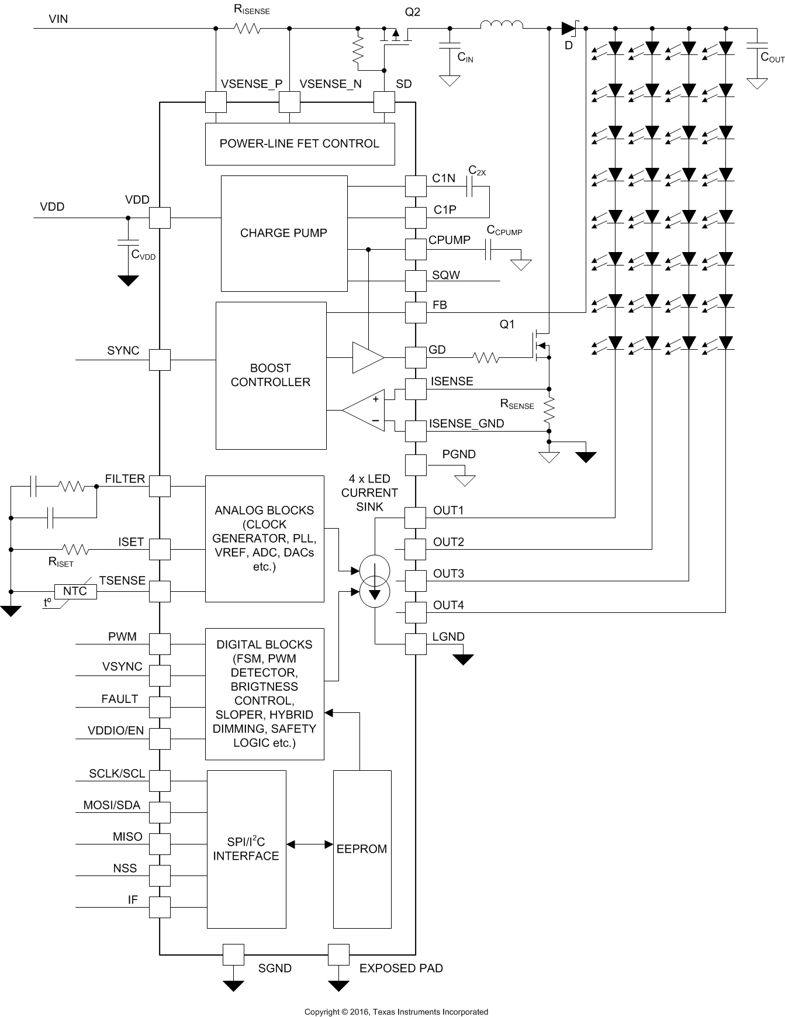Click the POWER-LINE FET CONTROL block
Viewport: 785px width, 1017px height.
point(299,144)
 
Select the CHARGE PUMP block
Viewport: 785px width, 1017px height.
point(283,233)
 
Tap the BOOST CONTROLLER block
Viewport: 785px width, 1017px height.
point(271,375)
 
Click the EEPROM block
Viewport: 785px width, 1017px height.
point(362,849)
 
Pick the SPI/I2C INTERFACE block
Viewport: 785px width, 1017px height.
point(246,849)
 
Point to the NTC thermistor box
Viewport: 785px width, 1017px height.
point(75,591)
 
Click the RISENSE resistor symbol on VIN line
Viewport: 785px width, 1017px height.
point(247,27)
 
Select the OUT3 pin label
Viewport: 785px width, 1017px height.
point(448,574)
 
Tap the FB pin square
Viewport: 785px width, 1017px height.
point(416,312)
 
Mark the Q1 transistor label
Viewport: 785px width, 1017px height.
point(507,324)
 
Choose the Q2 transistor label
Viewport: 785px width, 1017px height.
point(413,12)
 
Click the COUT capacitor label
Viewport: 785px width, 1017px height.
point(772,57)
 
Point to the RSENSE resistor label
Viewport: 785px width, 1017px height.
point(517,404)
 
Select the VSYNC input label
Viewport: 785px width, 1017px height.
point(122,667)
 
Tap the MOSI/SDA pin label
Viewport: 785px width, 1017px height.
point(112,805)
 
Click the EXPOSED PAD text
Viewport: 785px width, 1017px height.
point(401,968)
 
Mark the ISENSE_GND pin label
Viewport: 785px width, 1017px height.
point(466,424)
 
